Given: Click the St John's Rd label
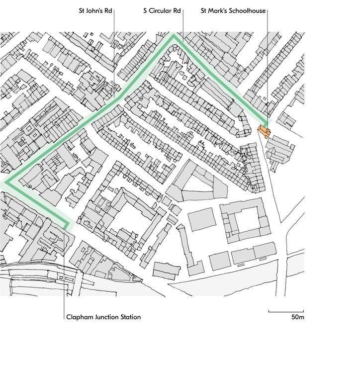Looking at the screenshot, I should (x=96, y=10).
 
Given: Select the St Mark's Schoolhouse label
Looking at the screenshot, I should (x=233, y=10).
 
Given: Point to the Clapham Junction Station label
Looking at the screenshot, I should (x=103, y=317).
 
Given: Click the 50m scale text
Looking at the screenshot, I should (x=297, y=317).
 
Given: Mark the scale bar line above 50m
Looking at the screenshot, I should (x=286, y=311).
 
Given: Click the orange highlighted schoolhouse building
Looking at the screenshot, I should (x=264, y=131).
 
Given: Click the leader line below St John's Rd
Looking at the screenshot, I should (x=114, y=55).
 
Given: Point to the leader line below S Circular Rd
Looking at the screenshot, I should (x=182, y=25).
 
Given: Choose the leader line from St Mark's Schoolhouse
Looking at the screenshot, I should (x=268, y=65).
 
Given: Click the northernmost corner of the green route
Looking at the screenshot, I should (x=174, y=35).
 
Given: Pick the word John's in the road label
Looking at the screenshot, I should (x=96, y=10).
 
